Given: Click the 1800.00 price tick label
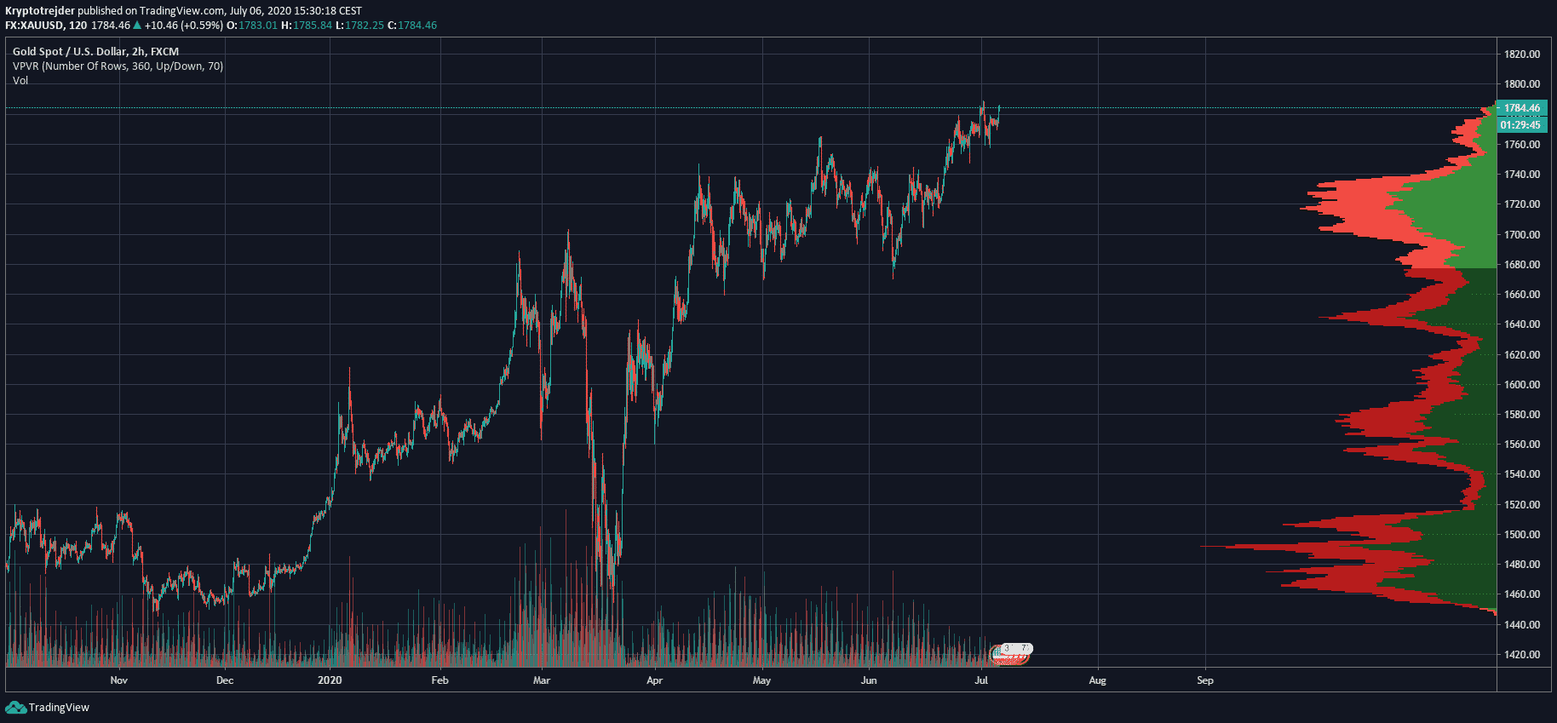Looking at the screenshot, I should (1521, 84).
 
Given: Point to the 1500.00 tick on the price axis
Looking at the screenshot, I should (1521, 535).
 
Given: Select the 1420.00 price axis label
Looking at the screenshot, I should (1521, 655).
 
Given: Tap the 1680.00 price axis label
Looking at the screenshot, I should (1521, 265).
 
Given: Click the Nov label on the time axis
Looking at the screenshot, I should (119, 680).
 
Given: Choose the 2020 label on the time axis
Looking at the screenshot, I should (330, 680).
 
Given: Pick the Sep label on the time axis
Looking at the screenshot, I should (1204, 680).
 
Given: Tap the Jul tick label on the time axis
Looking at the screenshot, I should (981, 680).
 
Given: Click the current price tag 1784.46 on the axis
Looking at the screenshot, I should (1521, 108).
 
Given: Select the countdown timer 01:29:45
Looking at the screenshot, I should (1521, 125).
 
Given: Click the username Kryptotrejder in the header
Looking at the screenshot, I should (40, 11).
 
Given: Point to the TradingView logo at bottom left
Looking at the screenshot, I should (48, 708).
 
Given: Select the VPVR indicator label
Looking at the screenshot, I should (118, 66).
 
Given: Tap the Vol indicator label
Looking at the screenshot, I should (20, 81).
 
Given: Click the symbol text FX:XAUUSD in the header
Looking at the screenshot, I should (34, 26).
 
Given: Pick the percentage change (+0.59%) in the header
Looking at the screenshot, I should (201, 26).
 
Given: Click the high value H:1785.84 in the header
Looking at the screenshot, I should (307, 26).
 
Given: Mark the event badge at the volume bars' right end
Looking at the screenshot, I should (1011, 653).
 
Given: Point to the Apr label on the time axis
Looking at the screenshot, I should (654, 680).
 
